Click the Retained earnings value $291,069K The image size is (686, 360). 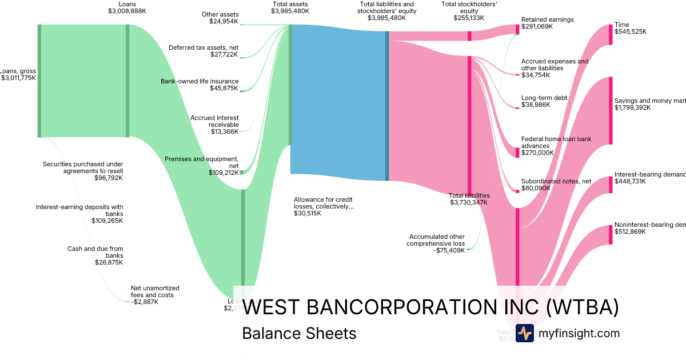(537, 26)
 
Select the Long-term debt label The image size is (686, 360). (544, 98)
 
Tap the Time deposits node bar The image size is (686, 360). (611, 35)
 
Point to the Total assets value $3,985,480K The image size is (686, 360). (290, 10)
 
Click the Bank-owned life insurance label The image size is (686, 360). (200, 81)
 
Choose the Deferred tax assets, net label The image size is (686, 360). (203, 47)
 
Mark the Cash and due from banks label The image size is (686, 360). (95, 249)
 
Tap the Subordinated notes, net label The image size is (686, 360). (556, 181)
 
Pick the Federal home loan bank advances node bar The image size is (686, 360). (517, 152)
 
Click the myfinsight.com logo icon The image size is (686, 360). (524, 333)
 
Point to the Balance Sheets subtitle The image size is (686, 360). (299, 333)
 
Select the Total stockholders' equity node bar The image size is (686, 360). (469, 36)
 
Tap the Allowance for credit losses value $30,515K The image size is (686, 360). (308, 213)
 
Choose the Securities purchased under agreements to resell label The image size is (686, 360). (83, 167)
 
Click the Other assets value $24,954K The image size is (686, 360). (224, 21)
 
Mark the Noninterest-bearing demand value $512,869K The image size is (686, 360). (630, 231)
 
